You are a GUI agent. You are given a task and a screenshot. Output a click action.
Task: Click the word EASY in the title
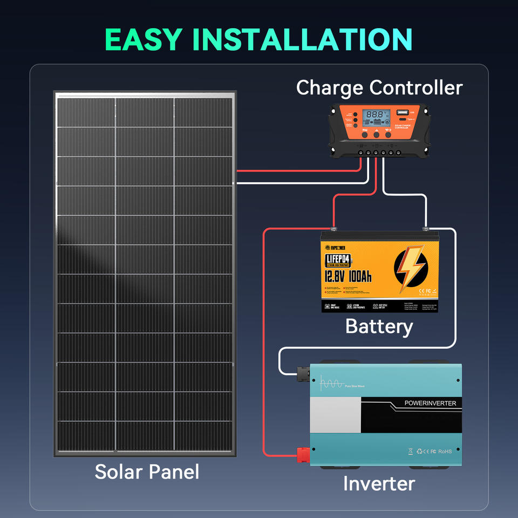pos(143,39)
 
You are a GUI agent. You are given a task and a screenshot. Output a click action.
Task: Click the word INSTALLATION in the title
pos(302,39)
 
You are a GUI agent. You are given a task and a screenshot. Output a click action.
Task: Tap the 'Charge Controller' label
pos(379,87)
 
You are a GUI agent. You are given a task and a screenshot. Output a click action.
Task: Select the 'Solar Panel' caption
pos(147,472)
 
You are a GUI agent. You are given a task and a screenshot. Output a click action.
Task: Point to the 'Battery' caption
pos(379,326)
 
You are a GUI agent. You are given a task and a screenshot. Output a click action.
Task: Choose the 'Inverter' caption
pos(379,483)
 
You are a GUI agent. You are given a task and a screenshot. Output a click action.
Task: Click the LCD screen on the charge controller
pos(376,116)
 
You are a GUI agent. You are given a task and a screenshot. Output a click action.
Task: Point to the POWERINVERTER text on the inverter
pos(430,403)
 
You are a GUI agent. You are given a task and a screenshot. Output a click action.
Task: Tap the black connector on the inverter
pos(301,371)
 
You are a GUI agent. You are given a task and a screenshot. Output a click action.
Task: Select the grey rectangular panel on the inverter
pos(336,415)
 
